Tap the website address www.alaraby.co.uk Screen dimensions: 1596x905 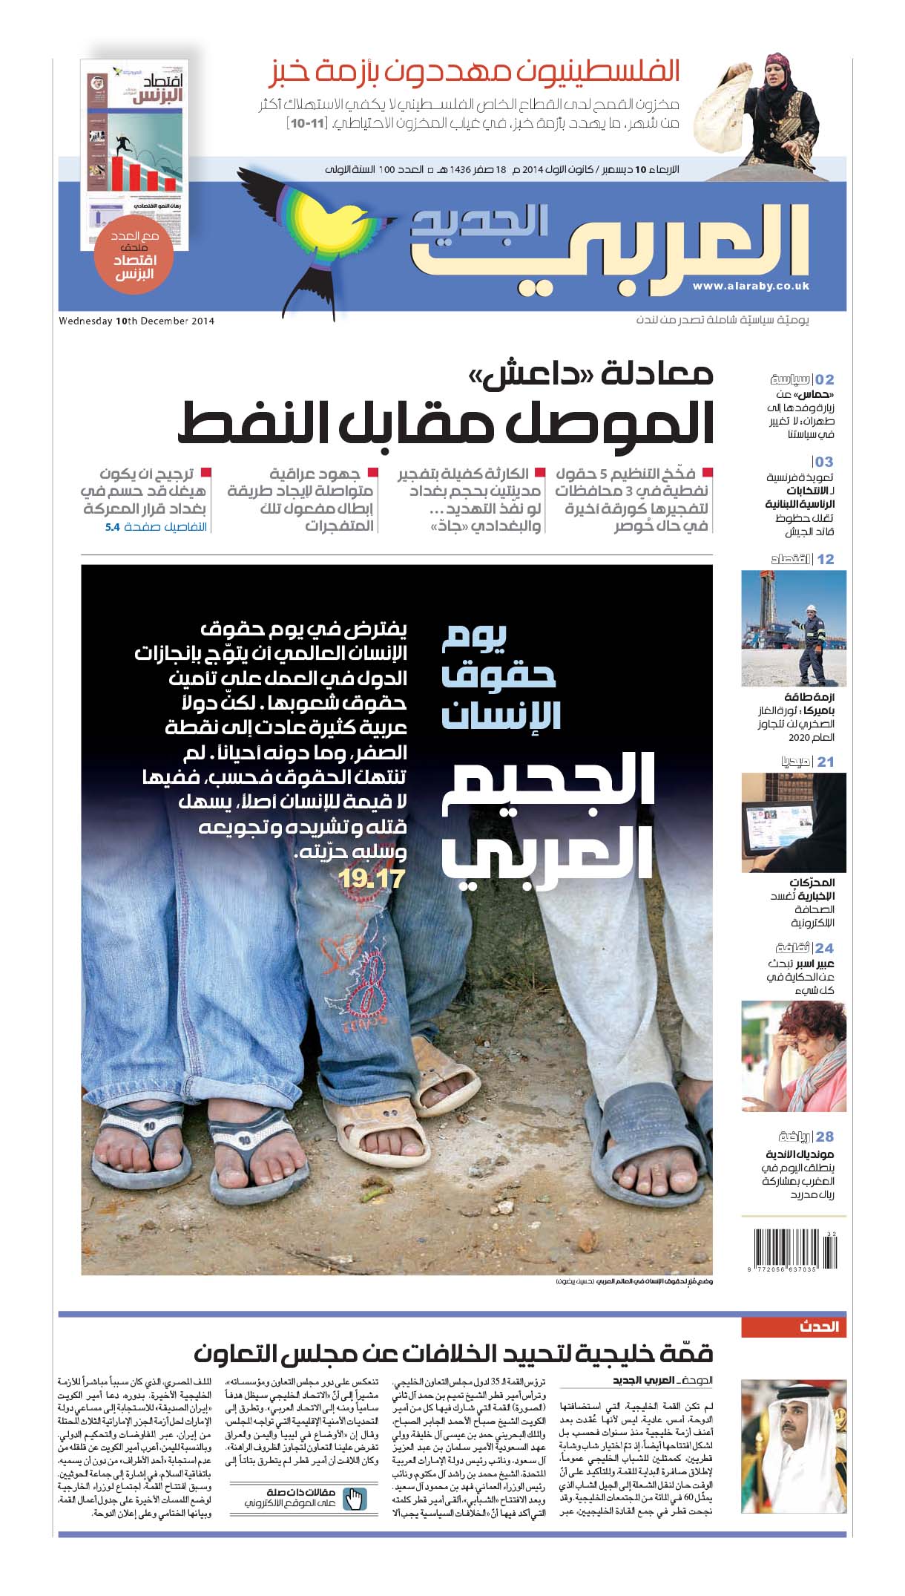pyautogui.click(x=750, y=286)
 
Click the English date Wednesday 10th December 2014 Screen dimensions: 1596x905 pyautogui.click(x=136, y=321)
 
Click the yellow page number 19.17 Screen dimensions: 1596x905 pyautogui.click(x=371, y=879)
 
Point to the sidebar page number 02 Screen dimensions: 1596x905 pyautogui.click(x=825, y=379)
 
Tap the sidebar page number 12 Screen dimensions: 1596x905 pyautogui.click(x=826, y=559)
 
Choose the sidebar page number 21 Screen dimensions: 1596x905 pyautogui.click(x=826, y=761)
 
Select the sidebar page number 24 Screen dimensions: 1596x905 pyautogui.click(x=825, y=948)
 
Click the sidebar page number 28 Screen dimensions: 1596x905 pyautogui.click(x=825, y=1137)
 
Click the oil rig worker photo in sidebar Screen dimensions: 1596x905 pyautogui.click(x=794, y=628)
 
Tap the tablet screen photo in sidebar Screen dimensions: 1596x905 pyautogui.click(x=794, y=822)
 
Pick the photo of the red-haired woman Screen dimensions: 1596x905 pyautogui.click(x=794, y=1056)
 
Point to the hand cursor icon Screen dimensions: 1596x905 pyautogui.click(x=356, y=1499)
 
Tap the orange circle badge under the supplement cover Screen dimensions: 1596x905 pyautogui.click(x=135, y=259)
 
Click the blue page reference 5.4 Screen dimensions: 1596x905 pyautogui.click(x=112, y=527)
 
